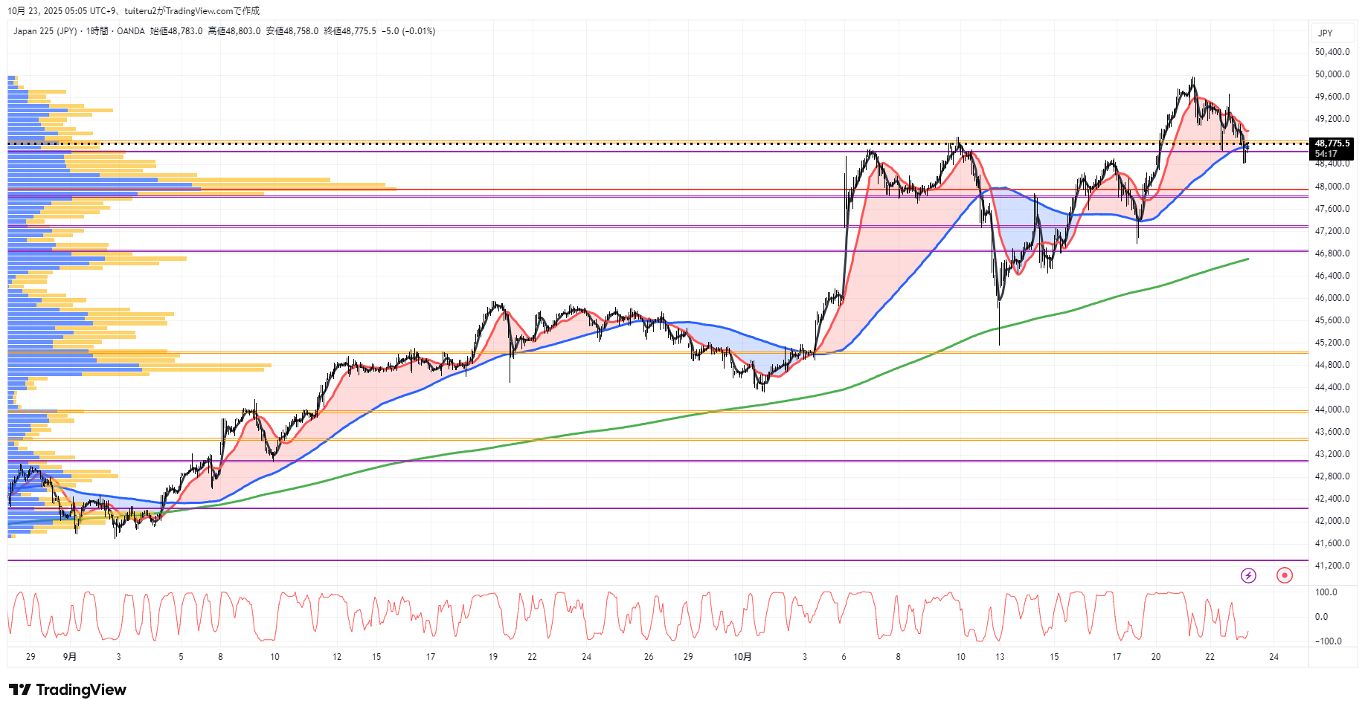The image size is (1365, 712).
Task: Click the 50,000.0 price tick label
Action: (1332, 74)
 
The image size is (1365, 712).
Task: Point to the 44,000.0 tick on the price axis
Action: (1332, 410)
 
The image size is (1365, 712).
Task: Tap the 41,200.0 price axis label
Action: (1332, 566)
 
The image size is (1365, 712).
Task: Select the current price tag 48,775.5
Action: (1332, 143)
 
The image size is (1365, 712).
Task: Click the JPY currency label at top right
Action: (1325, 33)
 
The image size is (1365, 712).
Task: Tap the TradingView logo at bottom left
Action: (68, 690)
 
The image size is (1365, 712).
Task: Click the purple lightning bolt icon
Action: (1248, 575)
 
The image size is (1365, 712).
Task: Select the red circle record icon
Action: (1284, 575)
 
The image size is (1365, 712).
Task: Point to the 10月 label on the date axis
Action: (742, 657)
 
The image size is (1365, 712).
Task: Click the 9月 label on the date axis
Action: (70, 657)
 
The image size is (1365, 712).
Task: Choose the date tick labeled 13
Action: (1000, 657)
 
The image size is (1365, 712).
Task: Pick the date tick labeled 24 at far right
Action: (1274, 657)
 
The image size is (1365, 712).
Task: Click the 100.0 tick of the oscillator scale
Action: (1326, 592)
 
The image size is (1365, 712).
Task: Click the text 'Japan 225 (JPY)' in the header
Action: (45, 31)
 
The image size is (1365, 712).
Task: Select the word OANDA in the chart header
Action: (131, 31)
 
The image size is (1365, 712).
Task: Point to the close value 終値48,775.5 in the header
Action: (350, 31)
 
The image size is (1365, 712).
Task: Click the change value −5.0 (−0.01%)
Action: (408, 31)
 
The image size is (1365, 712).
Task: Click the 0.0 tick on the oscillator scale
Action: (1321, 617)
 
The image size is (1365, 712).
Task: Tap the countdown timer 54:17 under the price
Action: (1326, 154)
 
